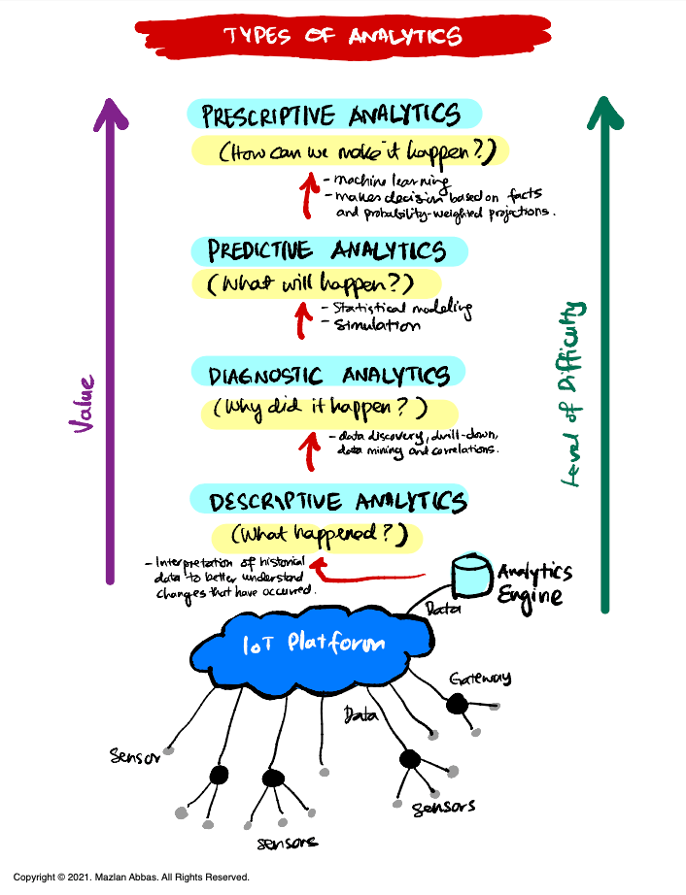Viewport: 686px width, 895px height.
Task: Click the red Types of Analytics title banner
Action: click(342, 36)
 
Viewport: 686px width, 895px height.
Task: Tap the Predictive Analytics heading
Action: click(329, 250)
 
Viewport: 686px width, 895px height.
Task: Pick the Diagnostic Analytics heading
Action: click(329, 374)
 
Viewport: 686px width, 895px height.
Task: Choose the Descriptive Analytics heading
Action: click(337, 501)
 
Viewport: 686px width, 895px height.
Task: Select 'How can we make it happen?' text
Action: click(350, 152)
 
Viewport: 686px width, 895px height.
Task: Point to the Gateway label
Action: click(480, 678)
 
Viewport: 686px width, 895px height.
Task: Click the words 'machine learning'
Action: click(389, 180)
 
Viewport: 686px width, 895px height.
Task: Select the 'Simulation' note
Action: click(377, 326)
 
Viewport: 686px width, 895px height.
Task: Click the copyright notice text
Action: click(131, 877)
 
